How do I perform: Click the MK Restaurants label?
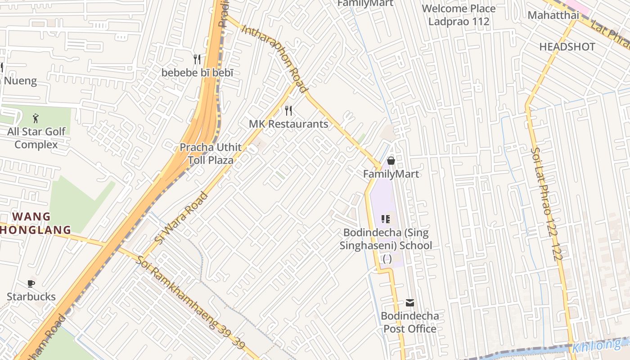click(288, 124)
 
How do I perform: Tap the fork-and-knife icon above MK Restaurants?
click(288, 111)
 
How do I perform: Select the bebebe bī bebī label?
click(198, 72)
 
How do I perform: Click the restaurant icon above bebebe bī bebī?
click(197, 59)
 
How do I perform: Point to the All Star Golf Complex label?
click(36, 138)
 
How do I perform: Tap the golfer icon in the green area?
click(36, 119)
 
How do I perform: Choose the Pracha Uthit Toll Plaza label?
click(211, 153)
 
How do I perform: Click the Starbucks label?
click(31, 297)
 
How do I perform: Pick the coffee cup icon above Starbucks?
click(31, 283)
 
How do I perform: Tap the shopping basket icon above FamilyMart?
click(391, 161)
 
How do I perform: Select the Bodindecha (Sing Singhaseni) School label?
click(386, 239)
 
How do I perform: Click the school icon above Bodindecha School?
click(385, 219)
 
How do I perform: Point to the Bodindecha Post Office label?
click(409, 322)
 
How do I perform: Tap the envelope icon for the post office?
click(409, 303)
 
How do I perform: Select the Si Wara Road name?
click(181, 218)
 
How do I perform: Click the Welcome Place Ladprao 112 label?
click(459, 15)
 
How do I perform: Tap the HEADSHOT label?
click(567, 47)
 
